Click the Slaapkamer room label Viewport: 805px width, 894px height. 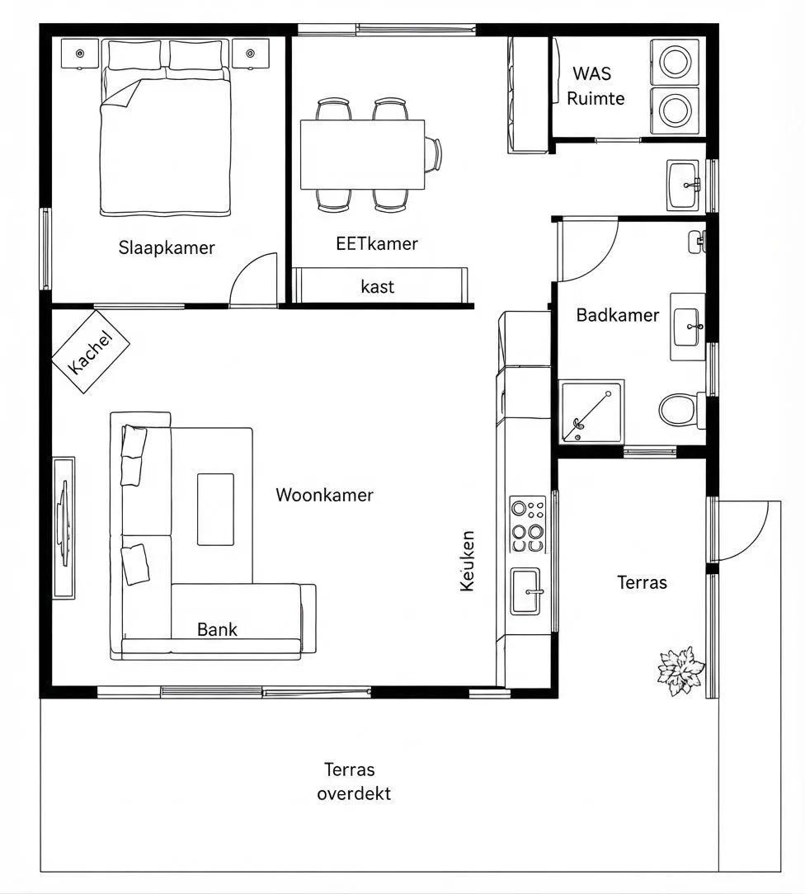tap(167, 248)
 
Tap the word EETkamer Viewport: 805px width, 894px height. tap(377, 244)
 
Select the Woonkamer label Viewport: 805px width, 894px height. tap(324, 495)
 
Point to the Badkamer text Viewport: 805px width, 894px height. tap(618, 315)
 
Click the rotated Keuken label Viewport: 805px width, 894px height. tap(468, 561)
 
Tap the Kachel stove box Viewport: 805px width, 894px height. tap(91, 352)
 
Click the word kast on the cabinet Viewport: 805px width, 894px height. tap(378, 286)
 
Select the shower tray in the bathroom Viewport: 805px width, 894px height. tap(591, 412)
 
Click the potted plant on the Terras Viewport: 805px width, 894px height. tap(680, 670)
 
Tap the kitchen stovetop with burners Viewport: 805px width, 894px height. tap(527, 524)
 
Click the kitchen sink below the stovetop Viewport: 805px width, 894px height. tap(525, 591)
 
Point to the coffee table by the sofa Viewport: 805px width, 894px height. tap(215, 509)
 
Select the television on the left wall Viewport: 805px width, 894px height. tap(64, 527)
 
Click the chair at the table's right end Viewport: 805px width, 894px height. tap(433, 154)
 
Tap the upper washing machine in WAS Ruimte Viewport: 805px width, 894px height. tap(675, 62)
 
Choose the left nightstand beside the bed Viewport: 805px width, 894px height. tap(80, 54)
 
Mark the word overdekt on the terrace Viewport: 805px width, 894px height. tap(354, 793)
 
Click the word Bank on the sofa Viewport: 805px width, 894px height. tap(217, 629)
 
